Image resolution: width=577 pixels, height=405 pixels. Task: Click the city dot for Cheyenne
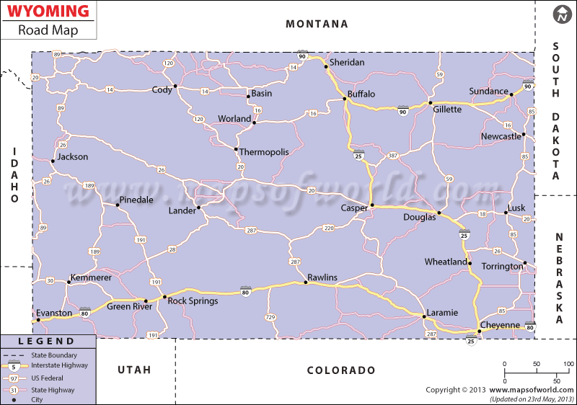(480, 331)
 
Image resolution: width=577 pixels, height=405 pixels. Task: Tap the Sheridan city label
(347, 63)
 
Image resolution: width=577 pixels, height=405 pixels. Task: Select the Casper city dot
(372, 206)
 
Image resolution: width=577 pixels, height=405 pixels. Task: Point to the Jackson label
(73, 156)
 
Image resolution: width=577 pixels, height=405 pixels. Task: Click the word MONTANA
(317, 24)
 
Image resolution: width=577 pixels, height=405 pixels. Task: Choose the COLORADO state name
(341, 370)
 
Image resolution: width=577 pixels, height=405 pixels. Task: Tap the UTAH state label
(134, 370)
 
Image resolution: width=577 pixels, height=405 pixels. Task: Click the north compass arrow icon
(563, 14)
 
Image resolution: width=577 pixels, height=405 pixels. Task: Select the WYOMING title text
(48, 12)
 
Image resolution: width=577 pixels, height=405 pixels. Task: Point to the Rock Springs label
(193, 301)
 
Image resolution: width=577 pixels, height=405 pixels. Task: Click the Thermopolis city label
(264, 152)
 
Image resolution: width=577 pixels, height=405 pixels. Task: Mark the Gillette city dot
(431, 103)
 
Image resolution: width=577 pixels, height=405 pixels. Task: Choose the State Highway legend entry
(55, 388)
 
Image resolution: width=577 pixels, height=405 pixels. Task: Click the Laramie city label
(442, 313)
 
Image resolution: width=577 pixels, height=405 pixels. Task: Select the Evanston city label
(54, 313)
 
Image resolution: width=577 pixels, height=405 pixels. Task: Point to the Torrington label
(503, 267)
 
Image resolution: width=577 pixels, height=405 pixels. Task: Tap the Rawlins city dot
(306, 282)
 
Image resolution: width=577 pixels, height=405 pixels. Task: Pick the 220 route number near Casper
(328, 228)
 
